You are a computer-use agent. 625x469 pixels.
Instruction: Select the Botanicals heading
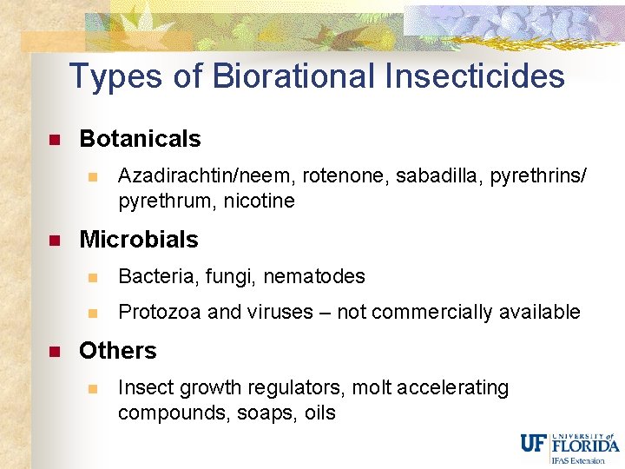(140, 139)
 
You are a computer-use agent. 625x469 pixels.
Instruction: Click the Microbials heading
(139, 240)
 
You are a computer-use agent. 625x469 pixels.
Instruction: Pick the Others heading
(118, 351)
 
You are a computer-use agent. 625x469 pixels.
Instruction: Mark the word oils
(319, 413)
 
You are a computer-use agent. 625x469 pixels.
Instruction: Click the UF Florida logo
(569, 445)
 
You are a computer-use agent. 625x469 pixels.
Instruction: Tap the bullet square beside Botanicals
(53, 140)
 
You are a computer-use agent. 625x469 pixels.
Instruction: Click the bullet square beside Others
(53, 352)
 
